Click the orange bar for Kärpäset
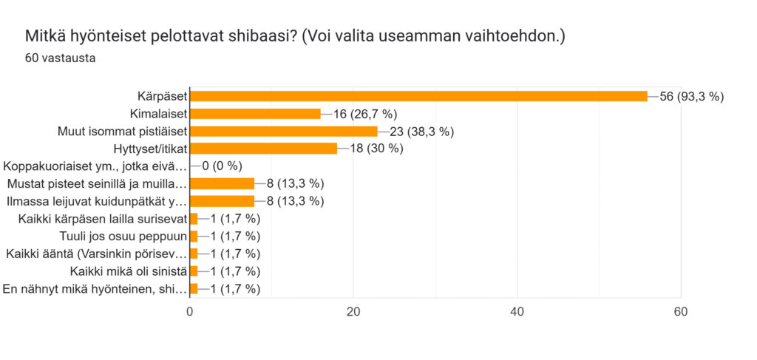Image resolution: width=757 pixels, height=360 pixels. (x=418, y=96)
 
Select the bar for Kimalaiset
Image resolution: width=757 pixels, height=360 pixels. (x=255, y=114)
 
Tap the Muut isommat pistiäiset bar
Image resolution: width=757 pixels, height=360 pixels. (x=284, y=132)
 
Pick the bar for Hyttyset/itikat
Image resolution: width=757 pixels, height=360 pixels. (x=263, y=149)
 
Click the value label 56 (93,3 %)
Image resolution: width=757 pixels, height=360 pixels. (x=690, y=96)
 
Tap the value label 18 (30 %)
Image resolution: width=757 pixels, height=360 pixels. (x=370, y=149)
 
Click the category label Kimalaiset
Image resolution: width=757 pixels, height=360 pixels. (x=157, y=114)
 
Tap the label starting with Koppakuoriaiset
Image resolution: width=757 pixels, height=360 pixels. (x=95, y=166)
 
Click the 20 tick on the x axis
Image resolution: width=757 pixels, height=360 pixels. (x=353, y=312)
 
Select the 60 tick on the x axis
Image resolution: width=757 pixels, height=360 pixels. (x=681, y=312)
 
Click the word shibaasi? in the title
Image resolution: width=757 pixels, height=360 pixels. (x=260, y=35)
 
